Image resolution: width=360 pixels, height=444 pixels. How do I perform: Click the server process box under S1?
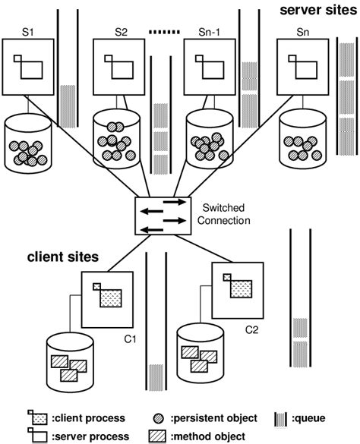pyautogui.click(x=27, y=67)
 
